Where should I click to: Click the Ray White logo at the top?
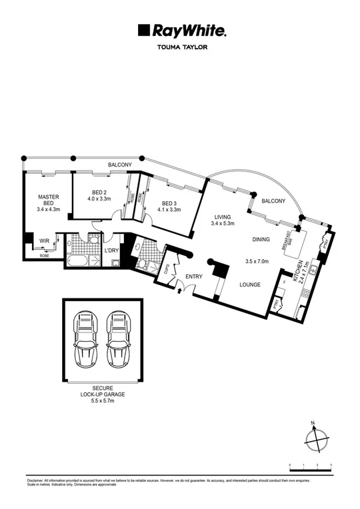point(182,30)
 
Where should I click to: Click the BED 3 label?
point(169,203)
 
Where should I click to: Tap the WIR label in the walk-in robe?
point(45,241)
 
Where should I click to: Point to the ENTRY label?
point(194,276)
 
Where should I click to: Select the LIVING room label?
point(223,217)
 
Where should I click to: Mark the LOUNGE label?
point(250,284)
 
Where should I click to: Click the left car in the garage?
point(87,340)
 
